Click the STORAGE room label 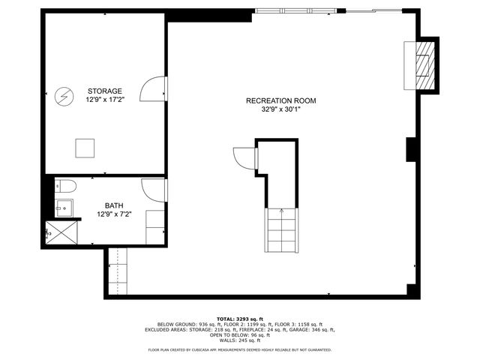tap(104, 91)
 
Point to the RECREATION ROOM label tap(281, 100)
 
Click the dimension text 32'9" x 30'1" tap(281, 109)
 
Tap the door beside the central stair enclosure tap(244, 158)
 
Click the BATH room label tap(114, 205)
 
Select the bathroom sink tap(63, 208)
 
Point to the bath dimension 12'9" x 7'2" tap(114, 214)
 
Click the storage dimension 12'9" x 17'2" tap(104, 99)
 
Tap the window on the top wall tap(295, 10)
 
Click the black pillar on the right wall tap(410, 149)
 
